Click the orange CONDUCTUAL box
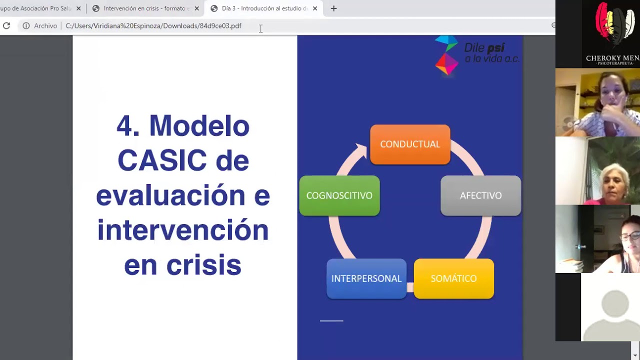click(410, 144)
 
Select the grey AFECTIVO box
click(480, 195)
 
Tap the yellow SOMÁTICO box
click(453, 278)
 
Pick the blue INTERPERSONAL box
click(366, 278)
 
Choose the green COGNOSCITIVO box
click(339, 195)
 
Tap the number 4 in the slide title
click(127, 125)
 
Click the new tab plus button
click(334, 8)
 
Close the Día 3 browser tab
click(315, 8)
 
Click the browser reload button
click(6, 25)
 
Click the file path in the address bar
click(153, 25)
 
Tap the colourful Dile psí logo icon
click(446, 55)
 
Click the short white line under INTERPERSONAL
click(331, 320)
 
